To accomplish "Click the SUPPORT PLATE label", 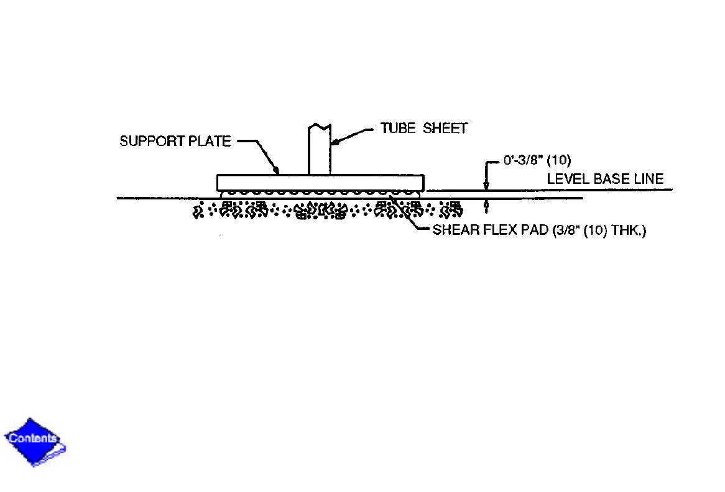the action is [x=175, y=141].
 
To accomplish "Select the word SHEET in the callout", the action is [x=445, y=129].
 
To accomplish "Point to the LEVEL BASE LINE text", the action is [x=605, y=180].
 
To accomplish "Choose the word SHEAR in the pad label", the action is [x=455, y=231].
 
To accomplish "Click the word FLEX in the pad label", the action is [x=495, y=231].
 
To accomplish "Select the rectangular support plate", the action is [x=320, y=183].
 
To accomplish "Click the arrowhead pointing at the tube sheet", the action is [x=335, y=142].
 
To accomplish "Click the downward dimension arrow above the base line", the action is [x=487, y=184].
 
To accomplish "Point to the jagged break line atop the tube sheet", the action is [x=320, y=126].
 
